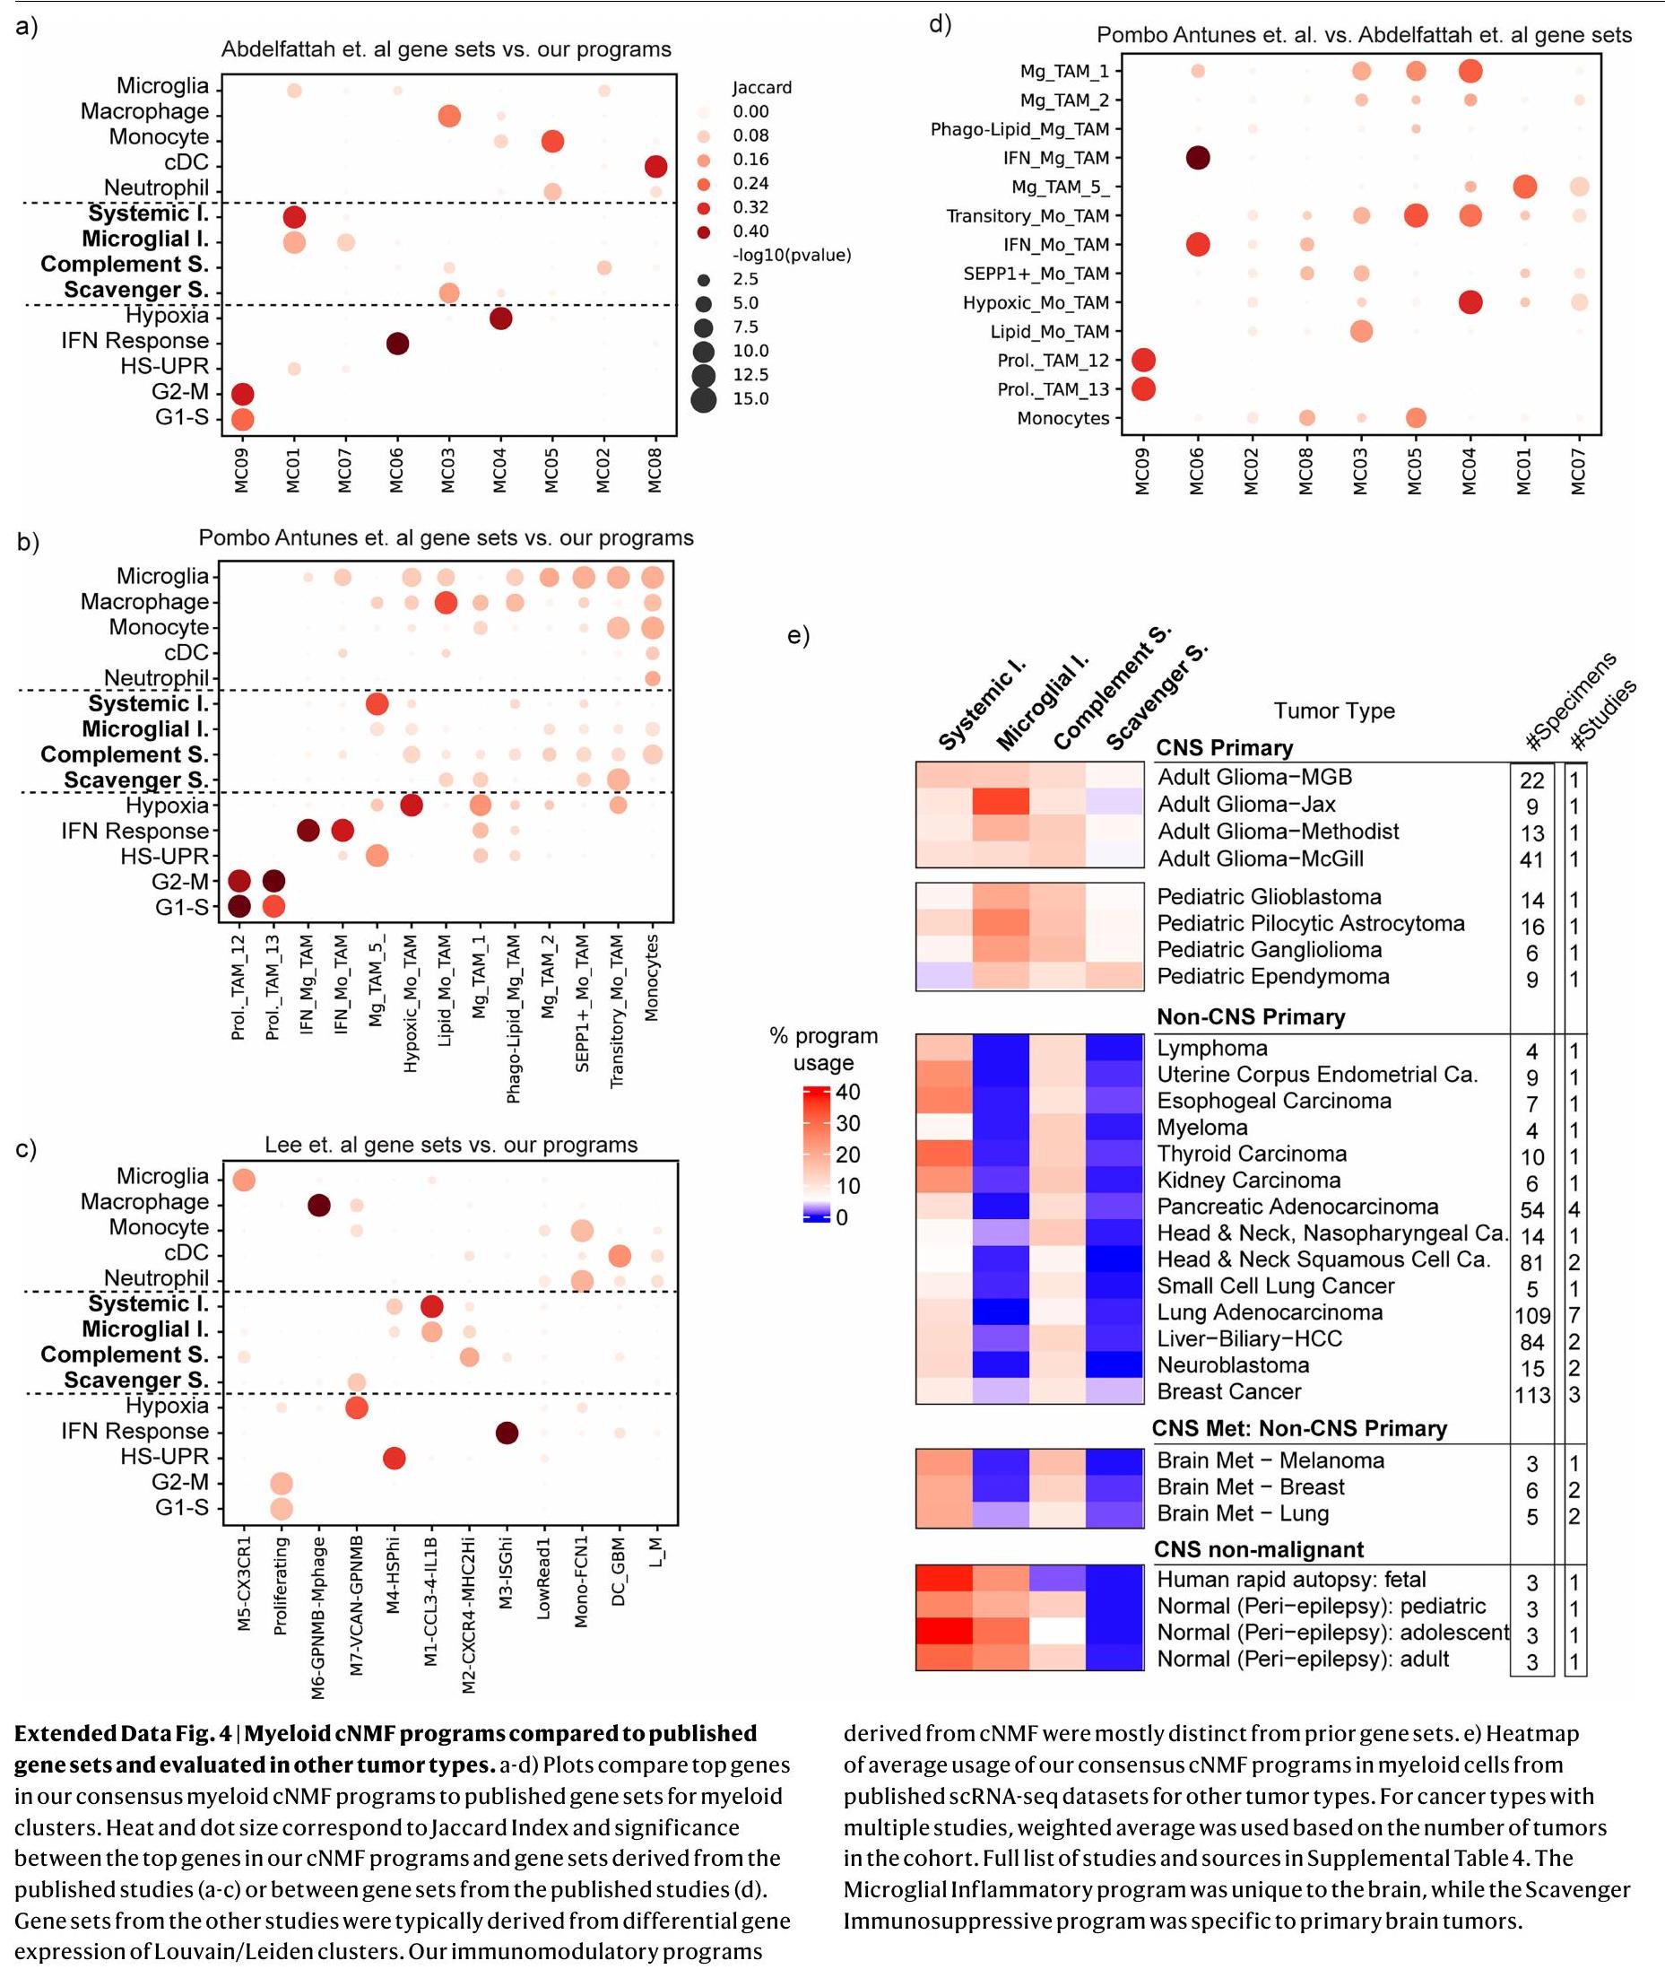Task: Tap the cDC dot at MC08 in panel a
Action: pos(656,167)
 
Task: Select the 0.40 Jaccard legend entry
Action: pos(750,231)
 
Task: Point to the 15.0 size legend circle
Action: pos(703,399)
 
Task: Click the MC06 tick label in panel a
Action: pos(397,470)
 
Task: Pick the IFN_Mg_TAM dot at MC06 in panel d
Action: pos(1198,158)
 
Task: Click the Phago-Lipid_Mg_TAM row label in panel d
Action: pos(1019,129)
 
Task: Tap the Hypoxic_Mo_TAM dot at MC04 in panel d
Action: pos(1470,302)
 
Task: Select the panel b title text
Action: pos(446,538)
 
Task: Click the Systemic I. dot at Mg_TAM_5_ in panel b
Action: pos(377,703)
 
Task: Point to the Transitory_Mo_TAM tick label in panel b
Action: pos(617,1011)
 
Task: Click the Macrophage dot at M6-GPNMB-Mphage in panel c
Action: pos(319,1205)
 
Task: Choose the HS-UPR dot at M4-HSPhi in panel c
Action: pos(395,1458)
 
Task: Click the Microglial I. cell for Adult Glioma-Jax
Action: pos(1001,804)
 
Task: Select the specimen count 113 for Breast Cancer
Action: pos(1532,1395)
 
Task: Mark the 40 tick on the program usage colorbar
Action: pos(847,1093)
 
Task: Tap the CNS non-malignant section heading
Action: pos(1258,1549)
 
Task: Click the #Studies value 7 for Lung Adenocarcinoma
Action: pos(1574,1315)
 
